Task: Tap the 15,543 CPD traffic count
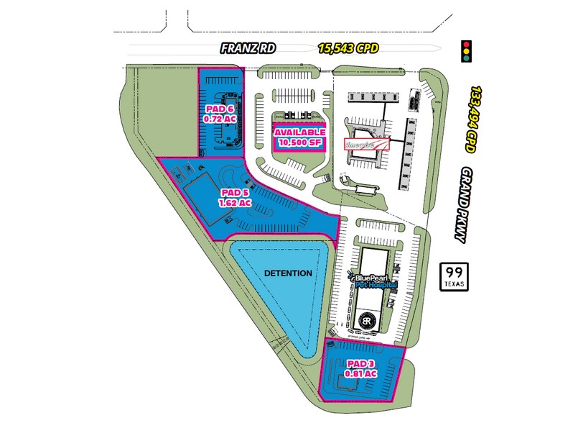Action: (349, 49)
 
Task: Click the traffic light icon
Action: (469, 50)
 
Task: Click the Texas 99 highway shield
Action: (454, 276)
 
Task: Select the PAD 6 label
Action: (220, 109)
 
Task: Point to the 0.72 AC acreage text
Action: (220, 119)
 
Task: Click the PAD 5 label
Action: (235, 193)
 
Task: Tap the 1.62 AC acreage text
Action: (235, 203)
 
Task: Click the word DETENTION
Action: (287, 273)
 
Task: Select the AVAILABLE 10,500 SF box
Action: (298, 136)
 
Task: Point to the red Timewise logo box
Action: (368, 143)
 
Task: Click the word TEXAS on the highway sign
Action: (454, 283)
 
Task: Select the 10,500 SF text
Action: (298, 142)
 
